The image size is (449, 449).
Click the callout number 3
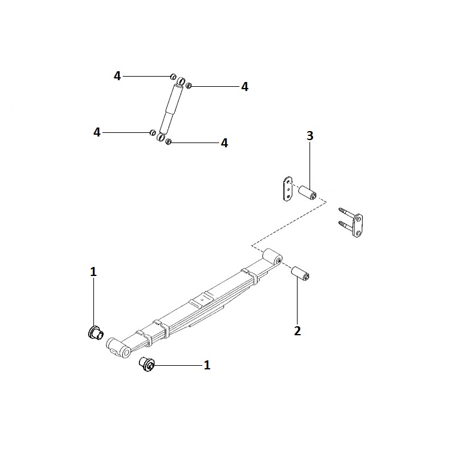click(x=310, y=136)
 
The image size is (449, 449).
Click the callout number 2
click(x=298, y=330)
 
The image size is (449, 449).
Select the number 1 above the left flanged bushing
click(x=93, y=272)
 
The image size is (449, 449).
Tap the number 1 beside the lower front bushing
click(x=207, y=365)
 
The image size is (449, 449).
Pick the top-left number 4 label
click(x=117, y=76)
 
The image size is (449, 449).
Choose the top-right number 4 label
click(x=244, y=87)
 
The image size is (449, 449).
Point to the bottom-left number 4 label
click(x=97, y=132)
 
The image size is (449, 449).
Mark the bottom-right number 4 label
click(x=224, y=143)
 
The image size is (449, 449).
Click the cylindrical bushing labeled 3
click(x=308, y=193)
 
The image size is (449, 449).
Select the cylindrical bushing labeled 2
click(x=300, y=273)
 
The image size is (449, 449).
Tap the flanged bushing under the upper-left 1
click(x=95, y=333)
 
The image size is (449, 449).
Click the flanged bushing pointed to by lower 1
click(x=147, y=364)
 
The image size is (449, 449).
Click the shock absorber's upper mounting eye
click(x=180, y=81)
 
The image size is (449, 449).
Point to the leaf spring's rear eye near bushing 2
click(x=272, y=257)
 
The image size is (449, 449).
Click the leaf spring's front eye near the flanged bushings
click(x=119, y=348)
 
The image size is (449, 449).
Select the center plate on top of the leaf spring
click(x=201, y=299)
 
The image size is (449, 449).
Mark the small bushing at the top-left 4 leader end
click(x=173, y=77)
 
